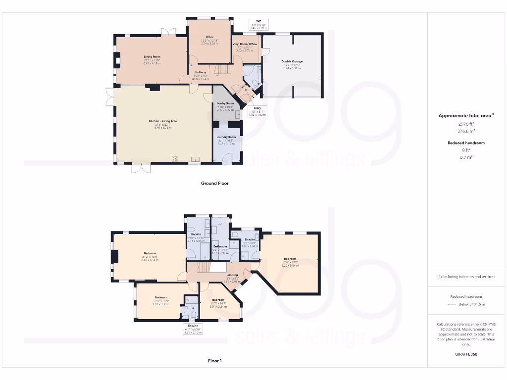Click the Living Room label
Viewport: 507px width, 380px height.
coord(152,57)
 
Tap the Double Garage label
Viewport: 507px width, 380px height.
coord(292,62)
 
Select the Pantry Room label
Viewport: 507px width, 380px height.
coord(225,103)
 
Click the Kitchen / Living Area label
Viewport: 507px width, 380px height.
coord(163,121)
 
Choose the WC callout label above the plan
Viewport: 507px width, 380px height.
coord(258,21)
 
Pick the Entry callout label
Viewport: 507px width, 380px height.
coord(257,108)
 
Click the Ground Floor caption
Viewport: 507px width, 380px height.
coord(214,183)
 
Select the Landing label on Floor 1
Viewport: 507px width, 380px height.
coord(232,275)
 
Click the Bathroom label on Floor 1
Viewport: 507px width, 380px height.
coord(220,246)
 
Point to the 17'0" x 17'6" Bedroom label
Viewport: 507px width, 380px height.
coord(290,259)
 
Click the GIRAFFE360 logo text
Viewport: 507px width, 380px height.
coord(465,354)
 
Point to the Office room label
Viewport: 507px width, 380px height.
coord(210,37)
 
